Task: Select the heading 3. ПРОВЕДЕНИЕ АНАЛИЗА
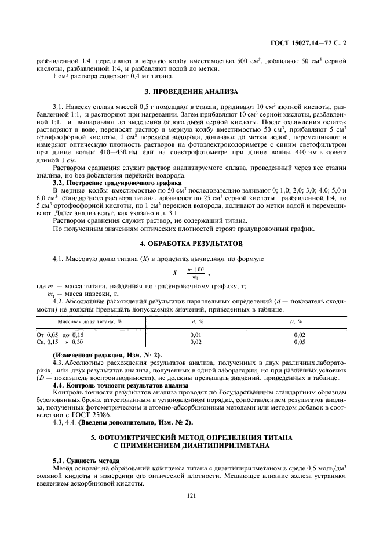(x=191, y=92)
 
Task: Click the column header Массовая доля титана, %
(x=89, y=321)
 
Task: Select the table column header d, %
(x=197, y=321)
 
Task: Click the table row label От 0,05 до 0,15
(x=68, y=335)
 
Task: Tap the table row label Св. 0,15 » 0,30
(x=68, y=342)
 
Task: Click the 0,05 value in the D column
(x=300, y=342)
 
